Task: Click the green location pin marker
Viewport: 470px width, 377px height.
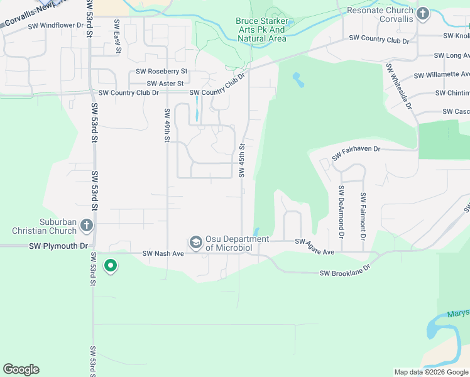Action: (111, 266)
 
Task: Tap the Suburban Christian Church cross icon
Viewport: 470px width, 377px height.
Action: (87, 226)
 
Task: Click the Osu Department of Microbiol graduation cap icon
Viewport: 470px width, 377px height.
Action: (195, 242)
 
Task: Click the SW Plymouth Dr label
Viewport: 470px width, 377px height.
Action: (58, 246)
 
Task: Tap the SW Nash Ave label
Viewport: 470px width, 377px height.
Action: (163, 253)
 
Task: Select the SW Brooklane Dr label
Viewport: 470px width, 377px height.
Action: (346, 273)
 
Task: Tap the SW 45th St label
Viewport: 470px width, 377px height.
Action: (241, 160)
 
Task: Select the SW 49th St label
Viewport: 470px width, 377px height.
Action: (167, 126)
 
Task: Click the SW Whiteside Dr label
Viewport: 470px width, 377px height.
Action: (399, 86)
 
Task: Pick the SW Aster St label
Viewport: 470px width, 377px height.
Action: (165, 84)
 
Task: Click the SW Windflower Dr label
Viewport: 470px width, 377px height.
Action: (53, 26)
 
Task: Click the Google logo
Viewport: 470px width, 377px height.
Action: (21, 369)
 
